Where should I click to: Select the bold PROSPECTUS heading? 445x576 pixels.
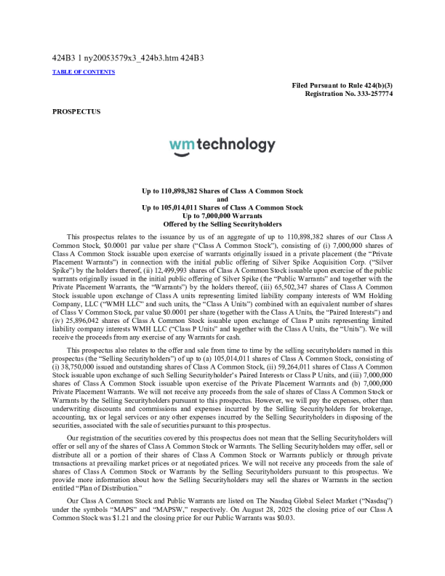[76, 111]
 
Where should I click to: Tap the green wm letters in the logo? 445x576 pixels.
[181, 145]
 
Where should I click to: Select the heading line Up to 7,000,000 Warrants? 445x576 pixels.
[222, 216]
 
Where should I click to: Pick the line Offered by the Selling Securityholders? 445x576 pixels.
[222, 225]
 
